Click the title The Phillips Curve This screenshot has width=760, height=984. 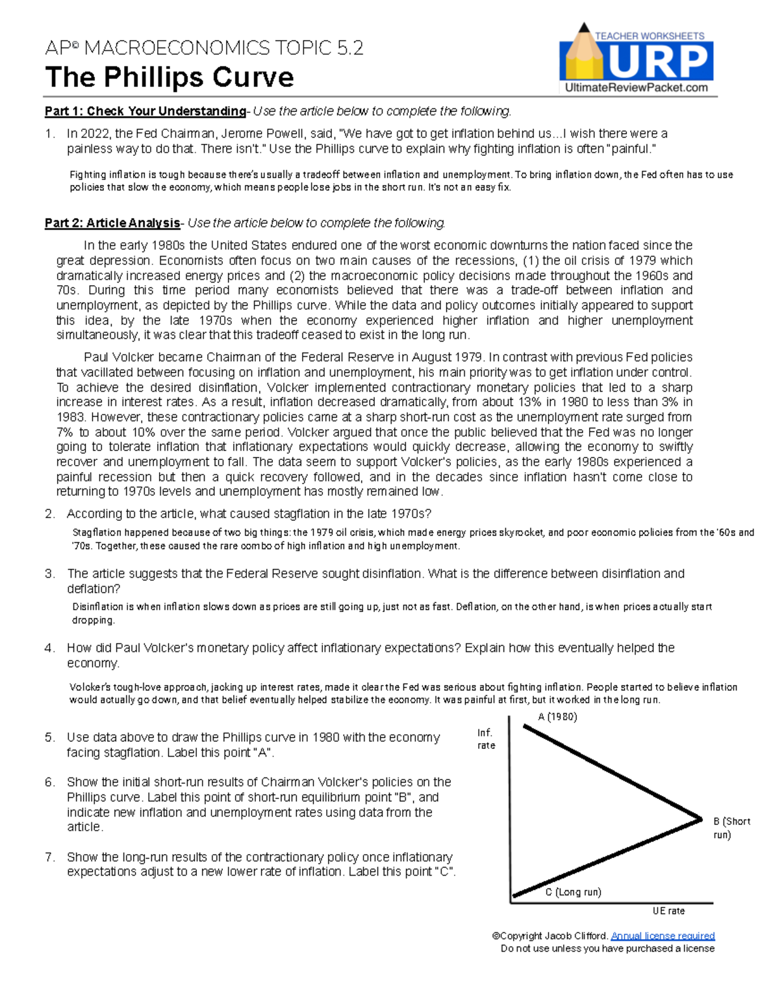[x=169, y=77]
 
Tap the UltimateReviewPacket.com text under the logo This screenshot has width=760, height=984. [x=636, y=88]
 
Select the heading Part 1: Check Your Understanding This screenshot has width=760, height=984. [x=145, y=112]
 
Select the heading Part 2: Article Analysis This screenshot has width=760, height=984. [x=112, y=223]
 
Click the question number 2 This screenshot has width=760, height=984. [x=50, y=514]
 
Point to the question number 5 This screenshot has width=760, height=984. [x=50, y=738]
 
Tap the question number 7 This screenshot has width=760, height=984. [x=50, y=857]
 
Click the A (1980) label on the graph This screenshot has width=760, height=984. [x=557, y=717]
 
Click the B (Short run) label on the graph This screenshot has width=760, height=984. [x=731, y=827]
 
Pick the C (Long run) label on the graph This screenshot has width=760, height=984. [x=573, y=892]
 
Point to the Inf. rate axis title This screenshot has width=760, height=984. [x=486, y=739]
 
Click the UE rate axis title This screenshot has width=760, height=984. [x=669, y=911]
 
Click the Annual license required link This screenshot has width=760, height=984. [x=662, y=936]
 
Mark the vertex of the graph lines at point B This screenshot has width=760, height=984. [x=702, y=819]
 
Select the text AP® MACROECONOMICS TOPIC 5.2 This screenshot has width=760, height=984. [x=204, y=48]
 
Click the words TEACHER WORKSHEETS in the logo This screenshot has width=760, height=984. [x=649, y=36]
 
